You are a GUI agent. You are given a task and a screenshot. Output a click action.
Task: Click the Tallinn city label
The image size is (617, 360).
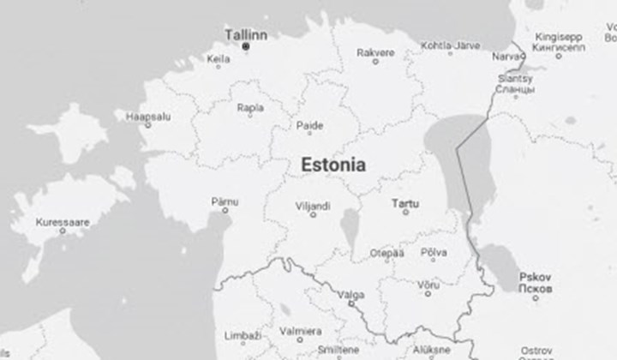pyautogui.click(x=245, y=34)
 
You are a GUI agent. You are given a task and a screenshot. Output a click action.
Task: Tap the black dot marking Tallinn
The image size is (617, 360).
pyautogui.click(x=246, y=46)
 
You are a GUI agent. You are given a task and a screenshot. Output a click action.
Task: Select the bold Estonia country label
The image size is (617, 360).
pyautogui.click(x=333, y=165)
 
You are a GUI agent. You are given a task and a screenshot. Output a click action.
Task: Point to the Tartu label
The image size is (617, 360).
pyautogui.click(x=399, y=204)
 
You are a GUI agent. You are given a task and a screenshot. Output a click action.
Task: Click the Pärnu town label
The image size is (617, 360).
pyautogui.click(x=225, y=201)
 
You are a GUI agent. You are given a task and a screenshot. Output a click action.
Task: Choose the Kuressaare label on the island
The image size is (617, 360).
pyautogui.click(x=62, y=223)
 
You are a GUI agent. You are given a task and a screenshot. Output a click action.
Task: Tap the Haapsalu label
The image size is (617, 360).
pyautogui.click(x=149, y=116)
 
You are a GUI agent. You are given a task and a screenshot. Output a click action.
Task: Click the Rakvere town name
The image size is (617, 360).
pyautogui.click(x=375, y=52)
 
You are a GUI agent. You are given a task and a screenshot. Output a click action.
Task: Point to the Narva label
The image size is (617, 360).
pyautogui.click(x=506, y=56)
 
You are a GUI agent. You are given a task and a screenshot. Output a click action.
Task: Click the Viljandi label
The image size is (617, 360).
pyautogui.click(x=314, y=206)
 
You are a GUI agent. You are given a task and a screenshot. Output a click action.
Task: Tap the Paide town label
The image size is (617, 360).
pyautogui.click(x=309, y=125)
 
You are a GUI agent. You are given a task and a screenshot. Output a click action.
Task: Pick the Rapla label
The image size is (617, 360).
pyautogui.click(x=250, y=109)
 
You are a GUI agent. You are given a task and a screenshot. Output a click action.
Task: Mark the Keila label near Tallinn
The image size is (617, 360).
pyautogui.click(x=219, y=59)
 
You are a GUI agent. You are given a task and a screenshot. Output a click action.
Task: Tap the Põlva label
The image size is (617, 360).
pyautogui.click(x=434, y=253)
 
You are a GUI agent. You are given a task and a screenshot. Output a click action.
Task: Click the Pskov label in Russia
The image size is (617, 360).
pyautogui.click(x=536, y=277)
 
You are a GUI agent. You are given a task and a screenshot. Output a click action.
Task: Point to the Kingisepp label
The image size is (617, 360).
pyautogui.click(x=558, y=37)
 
